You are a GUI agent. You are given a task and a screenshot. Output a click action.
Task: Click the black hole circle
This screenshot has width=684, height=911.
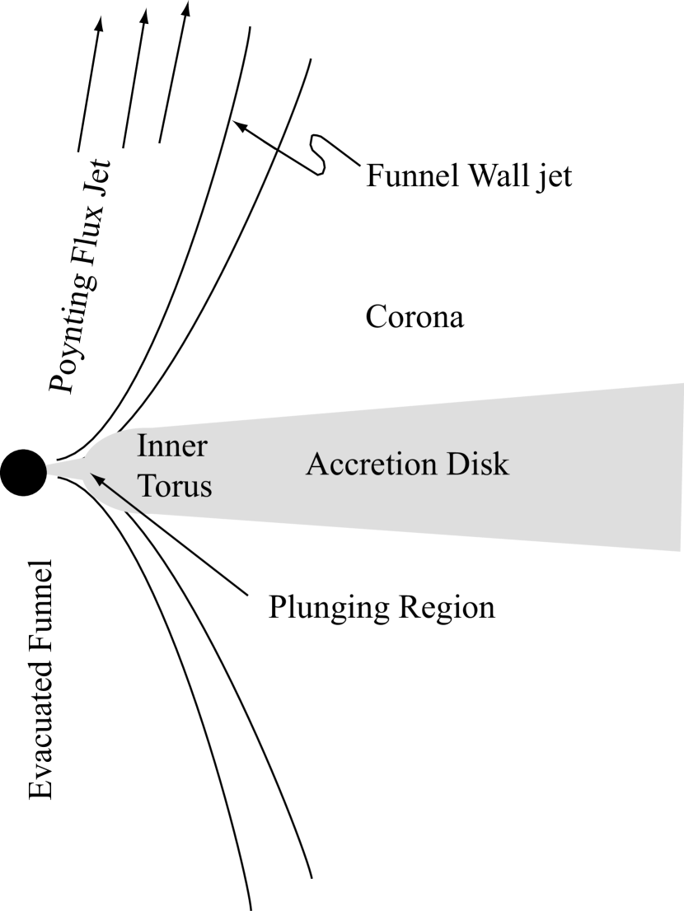tap(23, 472)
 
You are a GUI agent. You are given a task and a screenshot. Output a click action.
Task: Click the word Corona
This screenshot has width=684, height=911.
tap(415, 317)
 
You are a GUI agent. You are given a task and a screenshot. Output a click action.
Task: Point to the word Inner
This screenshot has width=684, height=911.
tap(172, 446)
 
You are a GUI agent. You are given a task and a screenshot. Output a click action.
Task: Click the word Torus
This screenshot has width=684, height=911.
tap(175, 485)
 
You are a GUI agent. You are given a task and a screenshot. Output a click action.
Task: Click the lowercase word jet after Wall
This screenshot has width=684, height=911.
tap(553, 176)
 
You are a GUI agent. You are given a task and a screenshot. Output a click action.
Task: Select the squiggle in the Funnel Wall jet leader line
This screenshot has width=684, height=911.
tap(318, 153)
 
